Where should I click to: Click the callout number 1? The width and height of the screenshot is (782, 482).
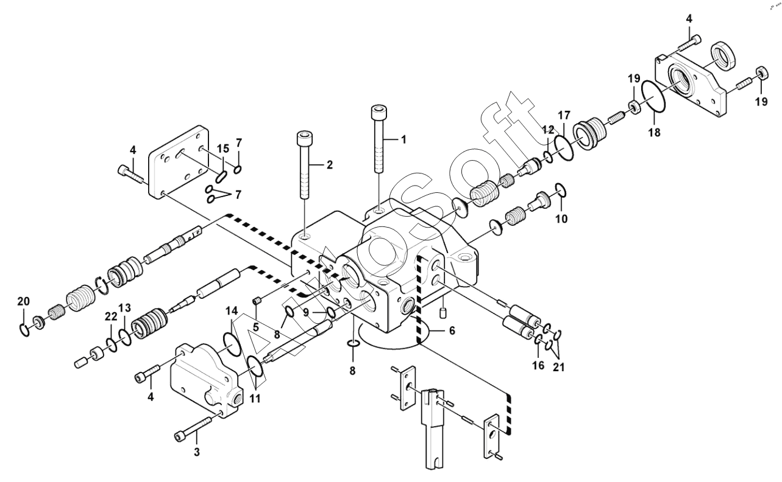point(404,140)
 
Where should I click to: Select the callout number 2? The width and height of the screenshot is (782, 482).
point(330,165)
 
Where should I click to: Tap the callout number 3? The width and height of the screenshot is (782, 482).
point(197,452)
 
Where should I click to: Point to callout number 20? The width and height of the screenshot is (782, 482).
point(24,301)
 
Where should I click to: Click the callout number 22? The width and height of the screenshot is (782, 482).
point(111,316)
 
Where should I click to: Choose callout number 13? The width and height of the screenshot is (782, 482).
point(124,308)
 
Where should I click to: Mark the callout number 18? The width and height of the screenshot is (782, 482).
point(655,133)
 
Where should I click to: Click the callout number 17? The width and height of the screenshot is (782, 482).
point(564,115)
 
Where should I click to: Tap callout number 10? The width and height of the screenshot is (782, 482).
point(562,219)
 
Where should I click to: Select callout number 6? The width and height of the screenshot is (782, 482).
point(452,330)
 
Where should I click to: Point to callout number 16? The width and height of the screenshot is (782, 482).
point(538,365)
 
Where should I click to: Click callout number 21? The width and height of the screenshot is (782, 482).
point(558,368)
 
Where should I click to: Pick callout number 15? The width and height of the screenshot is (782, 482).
point(223,148)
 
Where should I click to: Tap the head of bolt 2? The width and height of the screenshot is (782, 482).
point(304,138)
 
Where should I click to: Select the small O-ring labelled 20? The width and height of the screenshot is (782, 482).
point(24,330)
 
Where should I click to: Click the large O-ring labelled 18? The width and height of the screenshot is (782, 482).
point(653,97)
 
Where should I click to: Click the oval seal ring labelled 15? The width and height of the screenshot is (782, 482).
point(221,177)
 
